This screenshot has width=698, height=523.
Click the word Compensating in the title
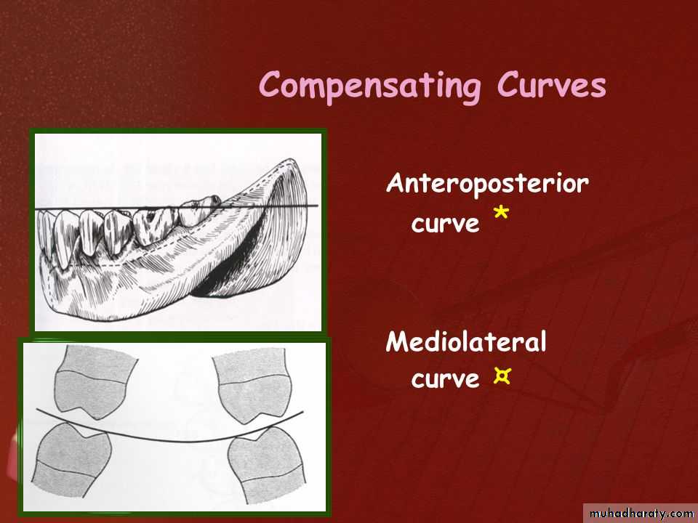(x=370, y=86)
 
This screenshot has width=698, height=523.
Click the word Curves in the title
(x=552, y=84)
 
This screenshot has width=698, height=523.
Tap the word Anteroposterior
(x=487, y=184)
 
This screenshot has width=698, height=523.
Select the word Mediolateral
(x=466, y=342)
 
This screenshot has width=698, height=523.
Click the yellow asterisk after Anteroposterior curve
(x=501, y=213)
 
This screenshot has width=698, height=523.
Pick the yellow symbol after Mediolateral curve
(x=502, y=377)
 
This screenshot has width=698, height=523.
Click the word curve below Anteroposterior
(x=445, y=224)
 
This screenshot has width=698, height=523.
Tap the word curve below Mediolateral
(x=445, y=379)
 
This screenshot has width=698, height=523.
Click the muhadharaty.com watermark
(x=641, y=514)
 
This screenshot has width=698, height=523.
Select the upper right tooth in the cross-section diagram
(x=253, y=384)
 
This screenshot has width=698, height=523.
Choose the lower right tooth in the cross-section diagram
(x=267, y=464)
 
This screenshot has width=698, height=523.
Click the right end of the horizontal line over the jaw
(x=318, y=206)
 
